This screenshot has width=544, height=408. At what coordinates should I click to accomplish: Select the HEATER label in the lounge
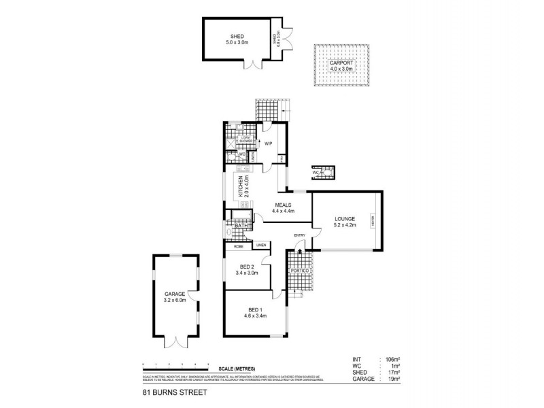(x=373, y=221)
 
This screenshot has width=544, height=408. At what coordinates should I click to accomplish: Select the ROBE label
(x=239, y=245)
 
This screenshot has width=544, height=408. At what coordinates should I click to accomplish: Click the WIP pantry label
(x=268, y=143)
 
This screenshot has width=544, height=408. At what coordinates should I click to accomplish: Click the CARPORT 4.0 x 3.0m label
(x=341, y=66)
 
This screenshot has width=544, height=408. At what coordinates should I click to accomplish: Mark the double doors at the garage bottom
(x=174, y=343)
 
